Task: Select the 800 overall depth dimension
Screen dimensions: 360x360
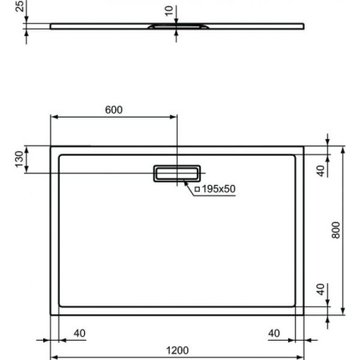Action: tap(336, 230)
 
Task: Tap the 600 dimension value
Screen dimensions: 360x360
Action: tap(114, 110)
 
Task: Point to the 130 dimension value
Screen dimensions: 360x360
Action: tap(18, 159)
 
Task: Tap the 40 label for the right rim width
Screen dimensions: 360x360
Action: tap(274, 333)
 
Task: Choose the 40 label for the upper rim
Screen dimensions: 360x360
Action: tap(320, 170)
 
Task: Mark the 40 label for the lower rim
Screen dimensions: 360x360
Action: tap(320, 288)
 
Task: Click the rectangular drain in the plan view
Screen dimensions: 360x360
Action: tap(178, 173)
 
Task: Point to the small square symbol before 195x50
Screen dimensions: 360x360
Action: tap(197, 189)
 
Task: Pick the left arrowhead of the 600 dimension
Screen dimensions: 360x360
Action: tap(54, 117)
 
